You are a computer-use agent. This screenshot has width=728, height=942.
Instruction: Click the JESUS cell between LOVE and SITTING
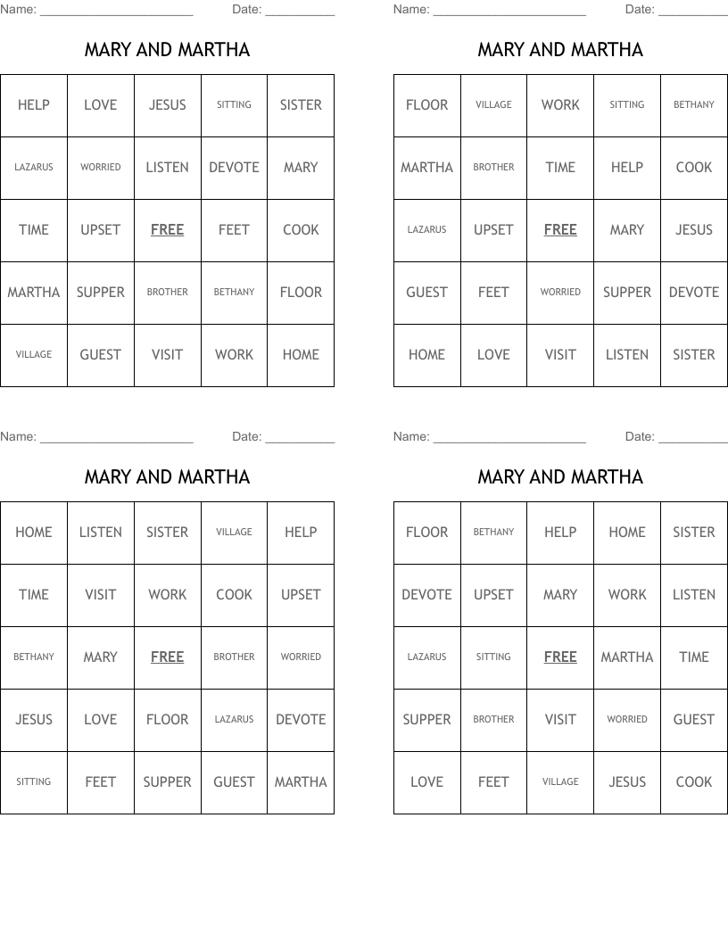[x=167, y=105]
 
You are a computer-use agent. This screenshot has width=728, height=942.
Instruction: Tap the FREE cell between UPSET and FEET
[x=167, y=230]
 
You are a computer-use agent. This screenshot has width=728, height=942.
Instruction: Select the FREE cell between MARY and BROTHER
[x=167, y=657]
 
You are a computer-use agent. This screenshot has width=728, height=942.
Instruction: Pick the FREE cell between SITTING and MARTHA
[x=560, y=657]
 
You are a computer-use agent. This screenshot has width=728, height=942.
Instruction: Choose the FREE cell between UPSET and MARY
[x=560, y=230]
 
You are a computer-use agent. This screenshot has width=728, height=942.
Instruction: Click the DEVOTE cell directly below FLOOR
[x=426, y=595]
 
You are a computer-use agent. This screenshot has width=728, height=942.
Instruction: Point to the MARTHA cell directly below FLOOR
[x=426, y=168]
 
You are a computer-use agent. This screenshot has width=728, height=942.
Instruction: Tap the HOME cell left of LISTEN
[x=33, y=533]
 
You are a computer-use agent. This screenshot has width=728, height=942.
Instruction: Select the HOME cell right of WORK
[x=301, y=355]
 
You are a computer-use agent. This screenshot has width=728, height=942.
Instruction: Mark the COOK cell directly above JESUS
[x=694, y=168]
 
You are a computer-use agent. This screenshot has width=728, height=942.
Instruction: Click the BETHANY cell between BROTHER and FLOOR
[x=234, y=293]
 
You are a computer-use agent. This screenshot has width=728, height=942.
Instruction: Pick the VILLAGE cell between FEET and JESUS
[x=560, y=782]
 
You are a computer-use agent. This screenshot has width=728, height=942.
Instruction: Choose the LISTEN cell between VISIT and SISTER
[x=627, y=355]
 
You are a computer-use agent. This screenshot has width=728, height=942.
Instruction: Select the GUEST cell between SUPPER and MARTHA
[x=234, y=782]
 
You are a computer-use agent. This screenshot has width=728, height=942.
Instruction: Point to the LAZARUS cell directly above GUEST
[x=426, y=230]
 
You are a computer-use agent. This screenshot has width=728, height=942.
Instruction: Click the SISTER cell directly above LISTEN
[x=694, y=533]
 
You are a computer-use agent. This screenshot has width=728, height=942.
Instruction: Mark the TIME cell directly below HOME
[x=33, y=595]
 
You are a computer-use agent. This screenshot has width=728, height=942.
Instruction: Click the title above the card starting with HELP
[x=167, y=50]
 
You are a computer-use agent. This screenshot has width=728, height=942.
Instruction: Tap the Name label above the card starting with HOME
[x=18, y=437]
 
